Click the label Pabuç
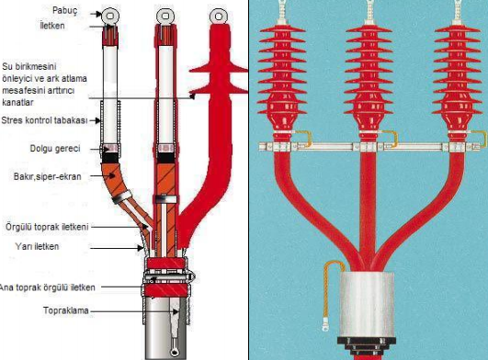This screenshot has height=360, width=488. tap(64, 11)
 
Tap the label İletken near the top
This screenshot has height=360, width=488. tap(52, 26)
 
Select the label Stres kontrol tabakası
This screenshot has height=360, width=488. tap(44, 120)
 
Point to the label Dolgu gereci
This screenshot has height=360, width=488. tap(55, 148)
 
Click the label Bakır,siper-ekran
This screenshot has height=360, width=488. tap(47, 176)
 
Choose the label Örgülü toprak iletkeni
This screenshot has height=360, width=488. tap(47, 227)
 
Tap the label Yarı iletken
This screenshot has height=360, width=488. tap(37, 246)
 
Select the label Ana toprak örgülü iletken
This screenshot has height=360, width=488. tap(47, 287)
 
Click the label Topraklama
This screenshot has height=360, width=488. tap(66, 310)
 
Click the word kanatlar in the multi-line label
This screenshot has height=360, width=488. tap(17, 102)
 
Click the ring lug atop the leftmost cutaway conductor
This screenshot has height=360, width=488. tap(110, 17)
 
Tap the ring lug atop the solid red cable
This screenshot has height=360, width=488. tap(219, 17)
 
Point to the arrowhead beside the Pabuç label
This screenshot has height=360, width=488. tap(98, 14)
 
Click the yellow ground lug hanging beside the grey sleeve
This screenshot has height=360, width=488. tap(324, 327)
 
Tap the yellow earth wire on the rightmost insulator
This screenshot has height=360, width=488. tap(480, 139)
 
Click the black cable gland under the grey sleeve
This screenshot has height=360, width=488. tap(368, 346)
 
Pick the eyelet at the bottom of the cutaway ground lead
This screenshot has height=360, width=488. tap(175, 352)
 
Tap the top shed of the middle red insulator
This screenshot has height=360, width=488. tap(369, 28)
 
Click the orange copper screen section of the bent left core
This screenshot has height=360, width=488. tap(113, 180)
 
